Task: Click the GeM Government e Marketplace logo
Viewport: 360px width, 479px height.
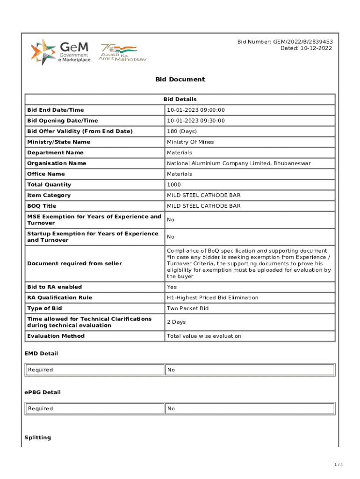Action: coord(60,52)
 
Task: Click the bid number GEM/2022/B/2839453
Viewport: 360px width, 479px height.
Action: coord(285,42)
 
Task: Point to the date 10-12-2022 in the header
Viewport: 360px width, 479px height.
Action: coord(306,48)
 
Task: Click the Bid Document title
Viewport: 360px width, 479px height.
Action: coord(180,80)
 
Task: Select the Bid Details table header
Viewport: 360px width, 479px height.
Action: coord(180,99)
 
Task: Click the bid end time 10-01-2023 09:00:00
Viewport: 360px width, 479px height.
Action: coord(196,110)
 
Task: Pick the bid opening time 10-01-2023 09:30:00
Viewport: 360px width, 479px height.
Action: coord(196,121)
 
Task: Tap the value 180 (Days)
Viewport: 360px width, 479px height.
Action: coord(182,131)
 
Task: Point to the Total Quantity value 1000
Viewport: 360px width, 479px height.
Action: coord(174,185)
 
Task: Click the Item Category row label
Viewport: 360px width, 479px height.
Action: coord(49,196)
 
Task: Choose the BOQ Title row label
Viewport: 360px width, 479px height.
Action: coord(42,206)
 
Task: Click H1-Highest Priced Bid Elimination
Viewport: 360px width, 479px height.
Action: coord(213,298)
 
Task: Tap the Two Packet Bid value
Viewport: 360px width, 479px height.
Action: coord(188,308)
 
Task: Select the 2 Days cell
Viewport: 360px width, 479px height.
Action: coord(177,322)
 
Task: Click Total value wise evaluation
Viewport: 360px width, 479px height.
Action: coord(204,336)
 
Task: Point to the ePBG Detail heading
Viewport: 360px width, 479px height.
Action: coord(43,392)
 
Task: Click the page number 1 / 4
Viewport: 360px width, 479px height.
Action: coord(339,464)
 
